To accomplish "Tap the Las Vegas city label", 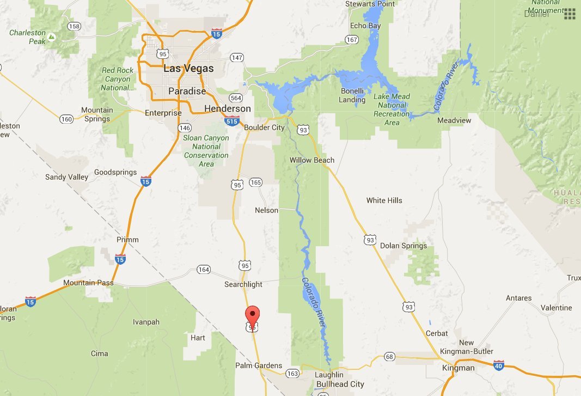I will [188, 69].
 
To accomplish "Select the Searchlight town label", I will [243, 284].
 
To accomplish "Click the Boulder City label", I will [265, 127].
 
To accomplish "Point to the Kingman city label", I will [458, 368].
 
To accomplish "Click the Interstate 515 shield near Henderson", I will [232, 120].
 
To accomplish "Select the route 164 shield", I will [204, 270].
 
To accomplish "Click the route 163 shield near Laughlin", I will [292, 373].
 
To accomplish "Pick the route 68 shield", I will [389, 357].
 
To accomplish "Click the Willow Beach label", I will [312, 160].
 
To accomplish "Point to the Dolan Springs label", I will [403, 246].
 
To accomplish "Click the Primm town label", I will [127, 240].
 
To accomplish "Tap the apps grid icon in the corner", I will [570, 14].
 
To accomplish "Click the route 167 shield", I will [352, 40].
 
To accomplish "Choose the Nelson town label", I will [266, 210].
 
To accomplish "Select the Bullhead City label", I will [340, 384].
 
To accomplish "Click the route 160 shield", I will [66, 119].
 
